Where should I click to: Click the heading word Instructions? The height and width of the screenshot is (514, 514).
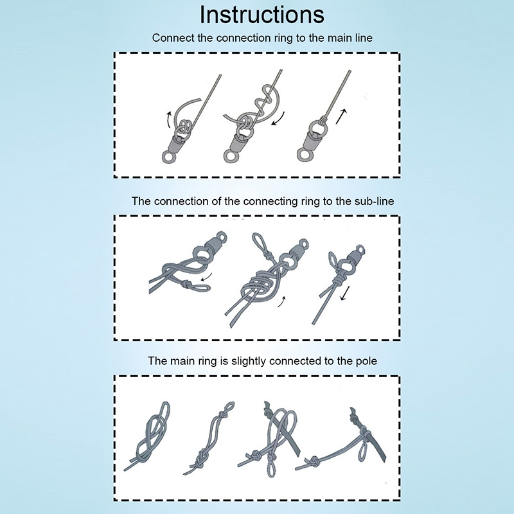click(262, 15)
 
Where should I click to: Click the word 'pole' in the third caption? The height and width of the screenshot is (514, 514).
click(366, 361)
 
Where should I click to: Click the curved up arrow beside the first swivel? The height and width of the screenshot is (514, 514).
click(168, 120)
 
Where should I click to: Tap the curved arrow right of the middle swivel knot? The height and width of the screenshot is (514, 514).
click(278, 119)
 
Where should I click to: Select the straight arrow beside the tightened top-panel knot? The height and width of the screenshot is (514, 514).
click(341, 117)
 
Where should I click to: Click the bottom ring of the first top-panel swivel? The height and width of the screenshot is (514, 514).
click(169, 157)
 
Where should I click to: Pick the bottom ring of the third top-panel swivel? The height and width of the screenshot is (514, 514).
click(305, 155)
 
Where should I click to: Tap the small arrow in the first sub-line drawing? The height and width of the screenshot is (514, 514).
click(206, 277)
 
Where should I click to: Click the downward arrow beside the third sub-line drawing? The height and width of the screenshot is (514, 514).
click(345, 293)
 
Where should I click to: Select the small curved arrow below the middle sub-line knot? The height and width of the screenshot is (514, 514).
click(281, 301)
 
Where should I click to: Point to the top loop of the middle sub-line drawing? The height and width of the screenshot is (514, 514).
click(258, 242)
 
